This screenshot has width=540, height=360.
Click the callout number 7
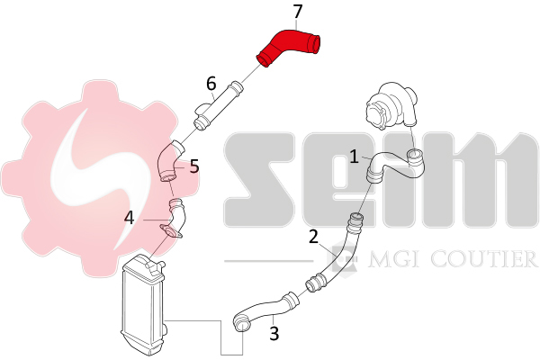tap(297, 12)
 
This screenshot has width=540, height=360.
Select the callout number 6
tap(211, 84)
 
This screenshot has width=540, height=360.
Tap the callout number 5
tap(194, 166)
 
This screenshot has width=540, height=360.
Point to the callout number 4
tap(129, 218)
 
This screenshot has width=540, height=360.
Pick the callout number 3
tap(274, 334)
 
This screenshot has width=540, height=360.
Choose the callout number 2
tap(313, 237)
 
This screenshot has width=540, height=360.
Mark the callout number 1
tap(354, 157)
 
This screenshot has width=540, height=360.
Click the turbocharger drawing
tap(391, 106)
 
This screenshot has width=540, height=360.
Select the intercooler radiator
tap(144, 305)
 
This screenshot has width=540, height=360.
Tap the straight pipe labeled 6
tap(218, 106)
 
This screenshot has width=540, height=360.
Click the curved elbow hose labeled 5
tap(170, 162)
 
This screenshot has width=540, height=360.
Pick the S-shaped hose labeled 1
tap(394, 166)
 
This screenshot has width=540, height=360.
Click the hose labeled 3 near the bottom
tap(265, 310)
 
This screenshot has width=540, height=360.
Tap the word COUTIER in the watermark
tap(484, 259)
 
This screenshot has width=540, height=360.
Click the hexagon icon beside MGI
tap(343, 257)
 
